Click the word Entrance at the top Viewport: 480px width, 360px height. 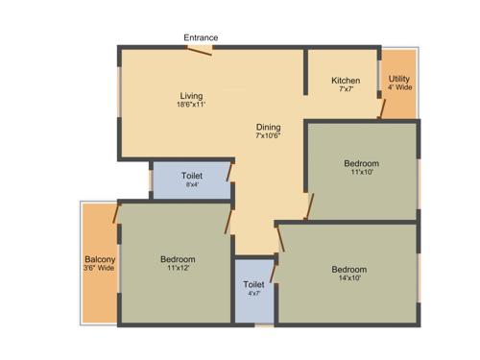[x=202, y=37]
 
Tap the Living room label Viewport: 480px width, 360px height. [x=192, y=95]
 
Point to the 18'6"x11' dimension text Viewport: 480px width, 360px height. [x=192, y=105]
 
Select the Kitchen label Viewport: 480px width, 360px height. [x=346, y=81]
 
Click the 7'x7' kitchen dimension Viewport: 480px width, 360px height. [x=346, y=89]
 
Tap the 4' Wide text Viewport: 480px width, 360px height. [x=400, y=87]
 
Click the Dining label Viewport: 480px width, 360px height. [x=268, y=127]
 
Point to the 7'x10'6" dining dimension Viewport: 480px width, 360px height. [x=268, y=136]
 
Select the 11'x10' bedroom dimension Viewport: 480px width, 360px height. [x=362, y=174]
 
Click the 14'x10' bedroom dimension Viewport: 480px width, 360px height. [x=348, y=279]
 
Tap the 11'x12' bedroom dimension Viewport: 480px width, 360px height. [x=179, y=269]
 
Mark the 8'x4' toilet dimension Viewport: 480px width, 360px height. [x=191, y=184]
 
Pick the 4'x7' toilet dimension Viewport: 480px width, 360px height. [x=253, y=294]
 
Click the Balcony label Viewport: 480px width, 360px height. [x=100, y=260]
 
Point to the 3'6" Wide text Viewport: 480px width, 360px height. [x=100, y=269]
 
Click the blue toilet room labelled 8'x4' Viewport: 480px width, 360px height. [x=191, y=180]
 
